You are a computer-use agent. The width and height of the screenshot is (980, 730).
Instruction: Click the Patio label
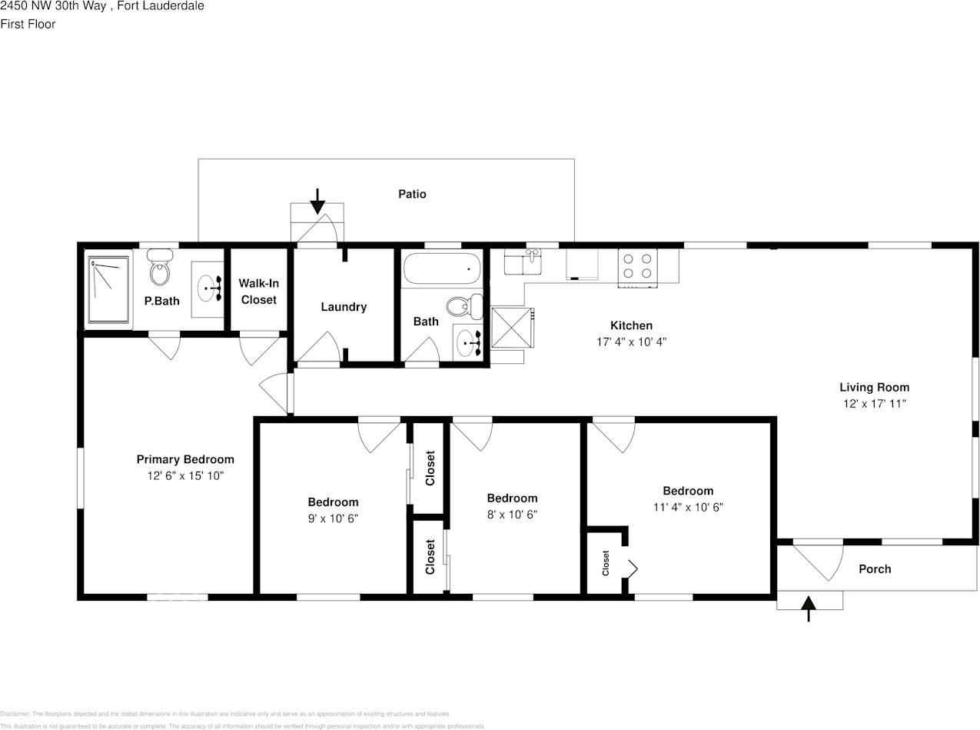(412, 194)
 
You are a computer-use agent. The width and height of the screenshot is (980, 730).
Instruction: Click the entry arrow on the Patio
(317, 202)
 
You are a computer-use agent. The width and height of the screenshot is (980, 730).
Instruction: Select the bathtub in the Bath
(442, 269)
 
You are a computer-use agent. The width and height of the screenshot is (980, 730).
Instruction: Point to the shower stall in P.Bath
(108, 289)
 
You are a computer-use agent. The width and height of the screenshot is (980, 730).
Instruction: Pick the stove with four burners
(638, 266)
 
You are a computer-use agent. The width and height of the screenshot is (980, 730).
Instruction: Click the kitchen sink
(523, 262)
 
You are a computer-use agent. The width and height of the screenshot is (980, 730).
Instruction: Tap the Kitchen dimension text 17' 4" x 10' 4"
(631, 342)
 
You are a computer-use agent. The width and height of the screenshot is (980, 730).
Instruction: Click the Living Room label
(874, 388)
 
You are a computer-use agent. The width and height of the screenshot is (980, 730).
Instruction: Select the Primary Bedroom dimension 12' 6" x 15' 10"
(185, 475)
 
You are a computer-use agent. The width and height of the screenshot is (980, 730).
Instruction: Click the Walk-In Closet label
(259, 292)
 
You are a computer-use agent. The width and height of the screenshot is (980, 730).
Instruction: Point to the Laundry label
(344, 307)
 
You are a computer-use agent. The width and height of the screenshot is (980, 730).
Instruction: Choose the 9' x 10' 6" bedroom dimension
(333, 518)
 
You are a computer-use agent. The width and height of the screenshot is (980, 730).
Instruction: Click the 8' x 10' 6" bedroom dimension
(512, 514)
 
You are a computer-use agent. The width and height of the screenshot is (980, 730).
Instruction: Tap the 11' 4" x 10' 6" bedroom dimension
(688, 507)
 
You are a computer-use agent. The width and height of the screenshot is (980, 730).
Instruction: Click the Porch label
(875, 569)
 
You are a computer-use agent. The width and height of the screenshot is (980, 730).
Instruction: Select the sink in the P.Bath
(208, 288)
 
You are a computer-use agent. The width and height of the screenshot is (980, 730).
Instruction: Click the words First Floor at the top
(28, 24)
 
